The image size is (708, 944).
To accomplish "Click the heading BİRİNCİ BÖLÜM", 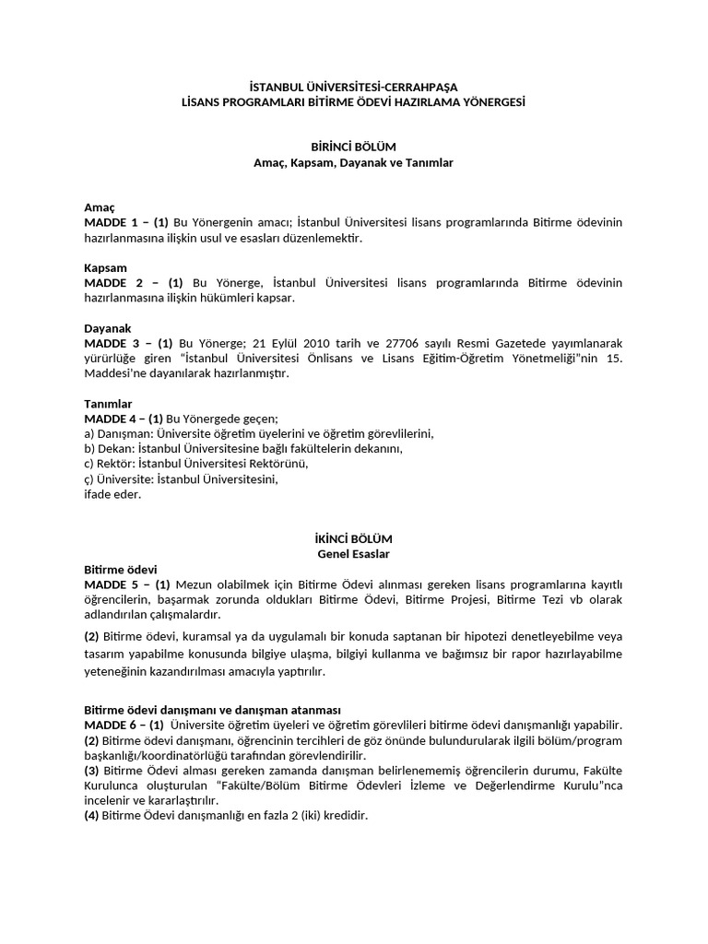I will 354,147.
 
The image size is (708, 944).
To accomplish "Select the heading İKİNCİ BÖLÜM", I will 354,538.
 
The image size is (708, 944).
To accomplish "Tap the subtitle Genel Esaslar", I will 354,554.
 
